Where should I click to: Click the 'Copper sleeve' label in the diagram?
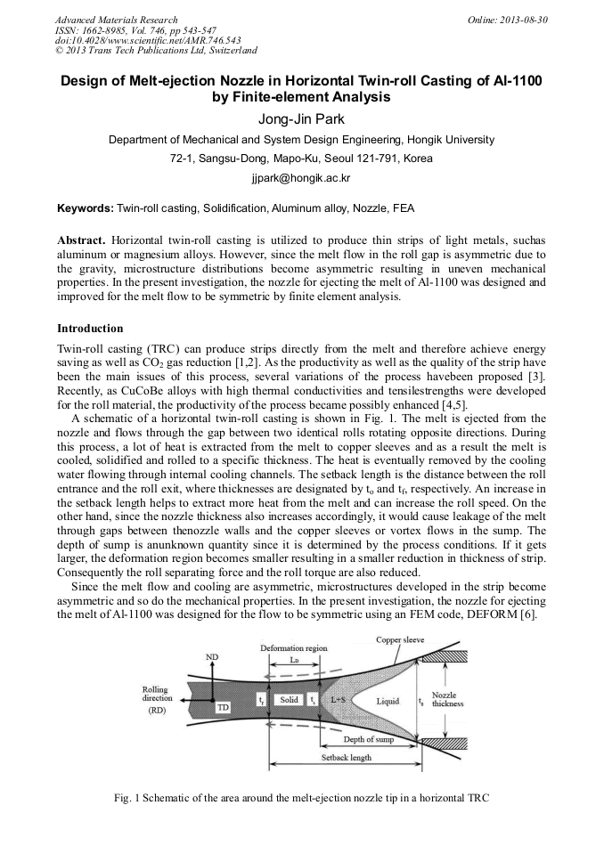[x=401, y=639]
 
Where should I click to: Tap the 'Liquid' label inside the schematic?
[x=388, y=702]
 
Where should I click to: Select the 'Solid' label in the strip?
[x=289, y=701]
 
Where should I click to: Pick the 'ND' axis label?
[x=212, y=656]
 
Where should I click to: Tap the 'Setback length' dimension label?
[x=347, y=758]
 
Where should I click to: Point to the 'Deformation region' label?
[x=293, y=648]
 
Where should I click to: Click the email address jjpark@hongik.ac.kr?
[x=301, y=178]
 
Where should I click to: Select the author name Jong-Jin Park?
[x=301, y=120]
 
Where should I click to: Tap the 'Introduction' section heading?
[x=90, y=329]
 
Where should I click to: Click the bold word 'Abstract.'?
[x=82, y=241]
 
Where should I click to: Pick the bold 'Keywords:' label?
[x=86, y=208]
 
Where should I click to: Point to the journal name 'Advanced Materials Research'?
[x=116, y=20]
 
